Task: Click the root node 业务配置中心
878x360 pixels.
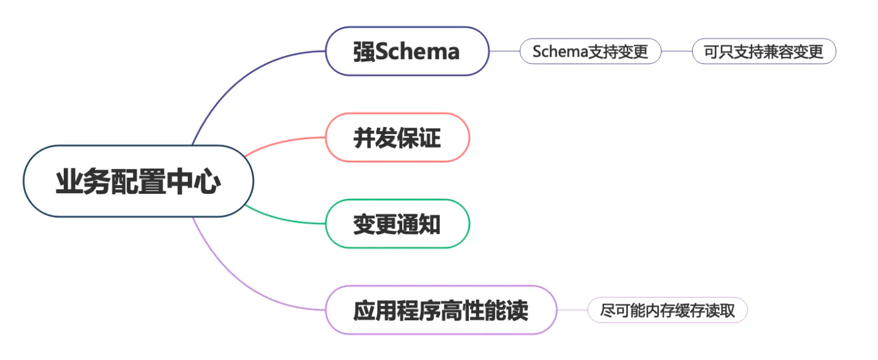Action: (138, 181)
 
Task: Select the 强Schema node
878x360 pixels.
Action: (407, 52)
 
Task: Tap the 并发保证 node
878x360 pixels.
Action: (397, 138)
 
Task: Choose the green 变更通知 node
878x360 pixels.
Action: (397, 224)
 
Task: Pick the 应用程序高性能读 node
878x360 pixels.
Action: (440, 310)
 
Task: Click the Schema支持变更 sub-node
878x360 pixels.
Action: (590, 52)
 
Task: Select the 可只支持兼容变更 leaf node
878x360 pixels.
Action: (763, 52)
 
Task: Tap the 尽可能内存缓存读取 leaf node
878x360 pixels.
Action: (667, 310)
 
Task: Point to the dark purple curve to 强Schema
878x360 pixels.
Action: (234, 76)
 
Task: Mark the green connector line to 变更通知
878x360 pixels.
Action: (281, 220)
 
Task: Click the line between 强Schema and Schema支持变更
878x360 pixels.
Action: (504, 52)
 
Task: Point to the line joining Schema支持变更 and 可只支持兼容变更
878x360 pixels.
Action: (676, 52)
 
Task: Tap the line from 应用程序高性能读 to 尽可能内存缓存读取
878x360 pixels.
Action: (572, 310)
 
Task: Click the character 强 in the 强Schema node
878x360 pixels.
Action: (364, 52)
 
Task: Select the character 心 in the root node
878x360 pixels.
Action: (208, 181)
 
